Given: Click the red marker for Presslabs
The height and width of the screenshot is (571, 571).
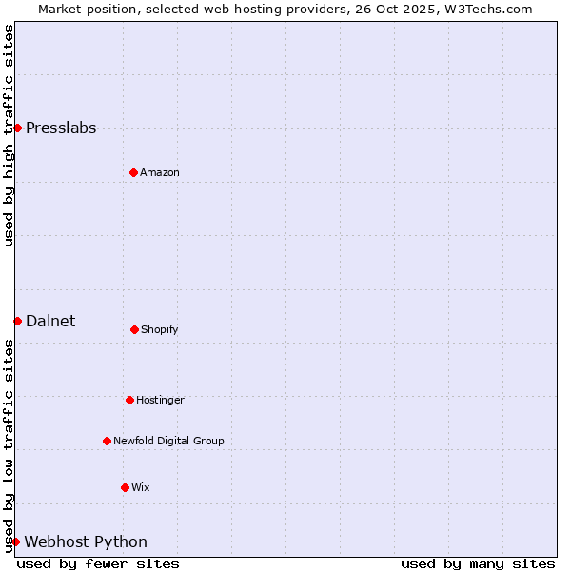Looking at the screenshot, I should pyautogui.click(x=17, y=128).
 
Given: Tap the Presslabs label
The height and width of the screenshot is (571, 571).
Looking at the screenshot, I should pyautogui.click(x=61, y=128).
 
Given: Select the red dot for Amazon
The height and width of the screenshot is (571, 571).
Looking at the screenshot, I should pyautogui.click(x=133, y=172).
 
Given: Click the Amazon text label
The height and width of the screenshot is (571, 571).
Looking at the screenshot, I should pyautogui.click(x=160, y=173).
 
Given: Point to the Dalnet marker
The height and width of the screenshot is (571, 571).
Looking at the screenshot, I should pyautogui.click(x=17, y=321).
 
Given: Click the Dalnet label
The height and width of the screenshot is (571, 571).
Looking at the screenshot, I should pyautogui.click(x=50, y=322).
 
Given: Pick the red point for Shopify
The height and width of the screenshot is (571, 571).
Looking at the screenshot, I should pyautogui.click(x=134, y=329).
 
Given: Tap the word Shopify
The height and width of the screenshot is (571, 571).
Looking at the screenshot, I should pyautogui.click(x=160, y=330).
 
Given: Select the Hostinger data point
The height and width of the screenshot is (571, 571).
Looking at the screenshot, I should pyautogui.click(x=129, y=400).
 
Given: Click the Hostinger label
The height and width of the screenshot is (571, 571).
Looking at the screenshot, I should pyautogui.click(x=160, y=401).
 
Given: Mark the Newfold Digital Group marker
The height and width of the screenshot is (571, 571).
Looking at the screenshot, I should pyautogui.click(x=107, y=441).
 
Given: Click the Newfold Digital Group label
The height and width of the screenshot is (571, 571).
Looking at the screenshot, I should pyautogui.click(x=168, y=442).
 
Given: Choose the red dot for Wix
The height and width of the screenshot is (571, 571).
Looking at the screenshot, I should pyautogui.click(x=125, y=487).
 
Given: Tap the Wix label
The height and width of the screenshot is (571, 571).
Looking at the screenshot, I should pyautogui.click(x=141, y=488).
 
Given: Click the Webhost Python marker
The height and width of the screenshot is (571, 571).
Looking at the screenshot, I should pyautogui.click(x=15, y=541).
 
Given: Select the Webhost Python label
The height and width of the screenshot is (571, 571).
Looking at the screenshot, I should pyautogui.click(x=86, y=542).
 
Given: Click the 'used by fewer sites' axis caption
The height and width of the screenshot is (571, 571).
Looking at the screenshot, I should pyautogui.click(x=98, y=564).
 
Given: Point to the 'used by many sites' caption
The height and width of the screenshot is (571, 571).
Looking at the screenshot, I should pyautogui.click(x=478, y=564).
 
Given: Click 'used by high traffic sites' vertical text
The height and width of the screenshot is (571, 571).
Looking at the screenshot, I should pyautogui.click(x=10, y=135).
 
